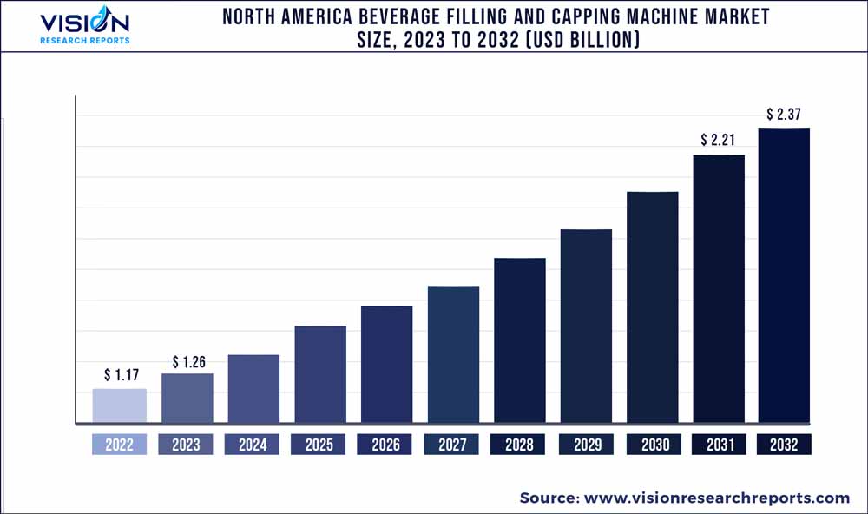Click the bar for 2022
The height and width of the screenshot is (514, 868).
[120, 406]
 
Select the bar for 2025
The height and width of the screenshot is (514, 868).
[320, 375]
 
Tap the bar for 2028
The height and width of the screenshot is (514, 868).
[520, 340]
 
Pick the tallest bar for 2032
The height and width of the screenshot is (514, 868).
[784, 276]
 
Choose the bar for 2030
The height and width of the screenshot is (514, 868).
[653, 307]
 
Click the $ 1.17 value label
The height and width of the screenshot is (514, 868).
[120, 375]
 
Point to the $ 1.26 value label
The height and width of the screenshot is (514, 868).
[188, 361]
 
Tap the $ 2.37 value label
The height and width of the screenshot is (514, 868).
[784, 114]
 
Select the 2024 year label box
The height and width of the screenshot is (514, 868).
[253, 445]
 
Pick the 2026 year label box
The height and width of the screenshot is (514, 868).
[385, 445]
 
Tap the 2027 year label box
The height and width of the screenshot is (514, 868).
[452, 445]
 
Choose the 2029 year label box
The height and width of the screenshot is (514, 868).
[586, 445]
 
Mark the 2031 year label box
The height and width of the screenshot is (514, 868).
[719, 445]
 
